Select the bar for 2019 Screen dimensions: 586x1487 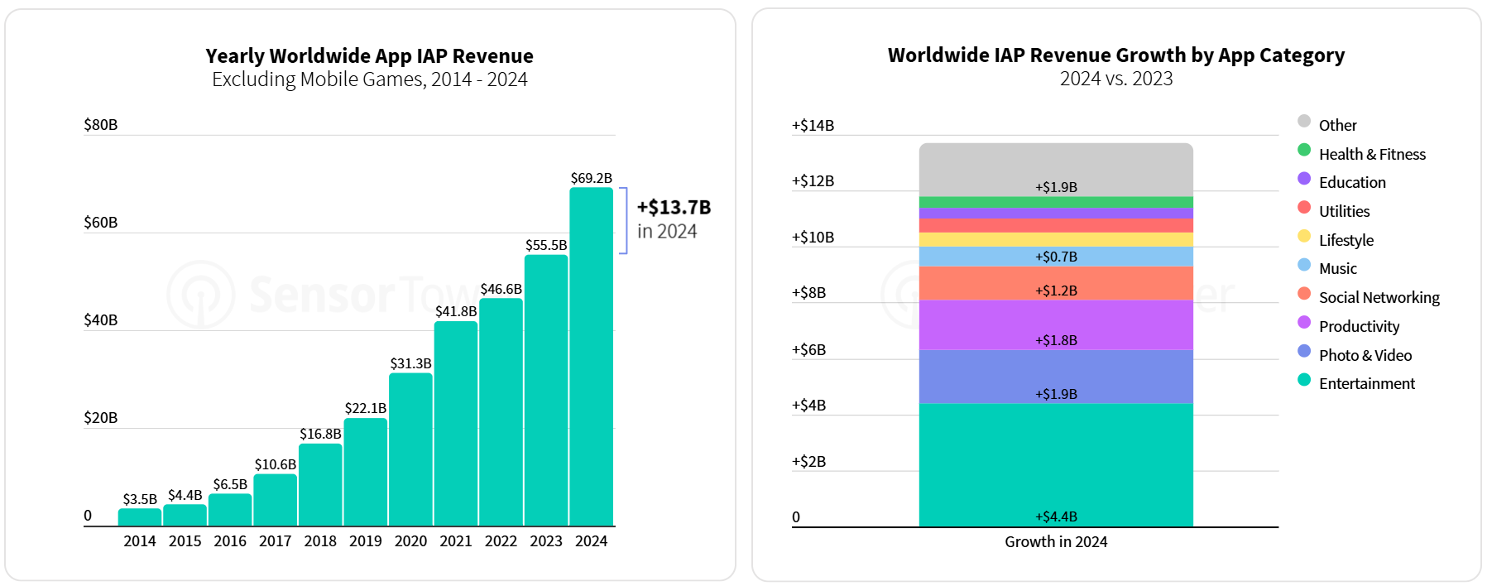point(366,472)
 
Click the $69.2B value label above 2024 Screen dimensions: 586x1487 point(592,178)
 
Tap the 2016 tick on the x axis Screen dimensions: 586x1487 point(230,541)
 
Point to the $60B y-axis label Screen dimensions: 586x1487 point(101,223)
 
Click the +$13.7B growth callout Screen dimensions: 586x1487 point(674,208)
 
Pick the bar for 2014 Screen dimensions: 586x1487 point(140,517)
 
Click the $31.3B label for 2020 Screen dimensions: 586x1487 point(411,363)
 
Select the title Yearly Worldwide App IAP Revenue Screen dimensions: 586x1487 point(370,56)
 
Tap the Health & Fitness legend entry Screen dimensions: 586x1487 point(1372,155)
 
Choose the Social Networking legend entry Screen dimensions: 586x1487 point(1379,298)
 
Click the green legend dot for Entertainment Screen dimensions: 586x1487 point(1304,381)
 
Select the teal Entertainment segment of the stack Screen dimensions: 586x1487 point(1056,464)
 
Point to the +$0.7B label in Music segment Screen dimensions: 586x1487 point(1056,257)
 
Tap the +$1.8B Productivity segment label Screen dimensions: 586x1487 point(1056,340)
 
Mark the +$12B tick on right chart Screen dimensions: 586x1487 point(813,181)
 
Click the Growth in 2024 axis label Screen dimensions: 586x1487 point(1056,542)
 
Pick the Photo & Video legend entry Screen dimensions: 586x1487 point(1365,356)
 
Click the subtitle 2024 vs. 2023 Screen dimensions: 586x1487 point(1116,79)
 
